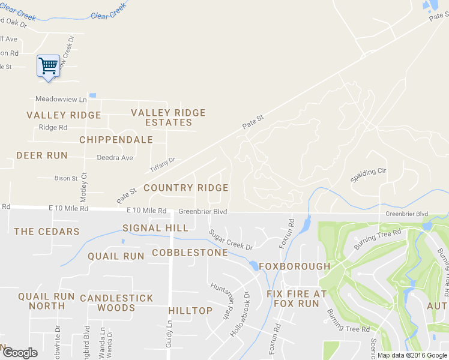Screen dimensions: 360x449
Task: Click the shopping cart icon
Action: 48,65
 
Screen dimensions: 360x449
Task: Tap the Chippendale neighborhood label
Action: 116,140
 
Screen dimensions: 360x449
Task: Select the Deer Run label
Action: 41,155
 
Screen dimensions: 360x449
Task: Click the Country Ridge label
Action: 186,188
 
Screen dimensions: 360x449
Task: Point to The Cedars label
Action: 47,232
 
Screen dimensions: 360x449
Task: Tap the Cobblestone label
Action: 190,253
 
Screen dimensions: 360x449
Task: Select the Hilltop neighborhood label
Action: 190,311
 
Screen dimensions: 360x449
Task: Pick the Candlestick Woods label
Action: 116,302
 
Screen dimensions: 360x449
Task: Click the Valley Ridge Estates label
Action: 168,118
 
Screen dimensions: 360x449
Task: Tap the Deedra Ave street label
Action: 115,158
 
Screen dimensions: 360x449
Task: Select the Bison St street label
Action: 66,178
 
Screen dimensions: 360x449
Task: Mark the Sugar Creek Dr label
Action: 231,239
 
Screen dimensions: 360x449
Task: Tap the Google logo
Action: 19,353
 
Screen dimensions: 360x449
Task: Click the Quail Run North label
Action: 46,301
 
